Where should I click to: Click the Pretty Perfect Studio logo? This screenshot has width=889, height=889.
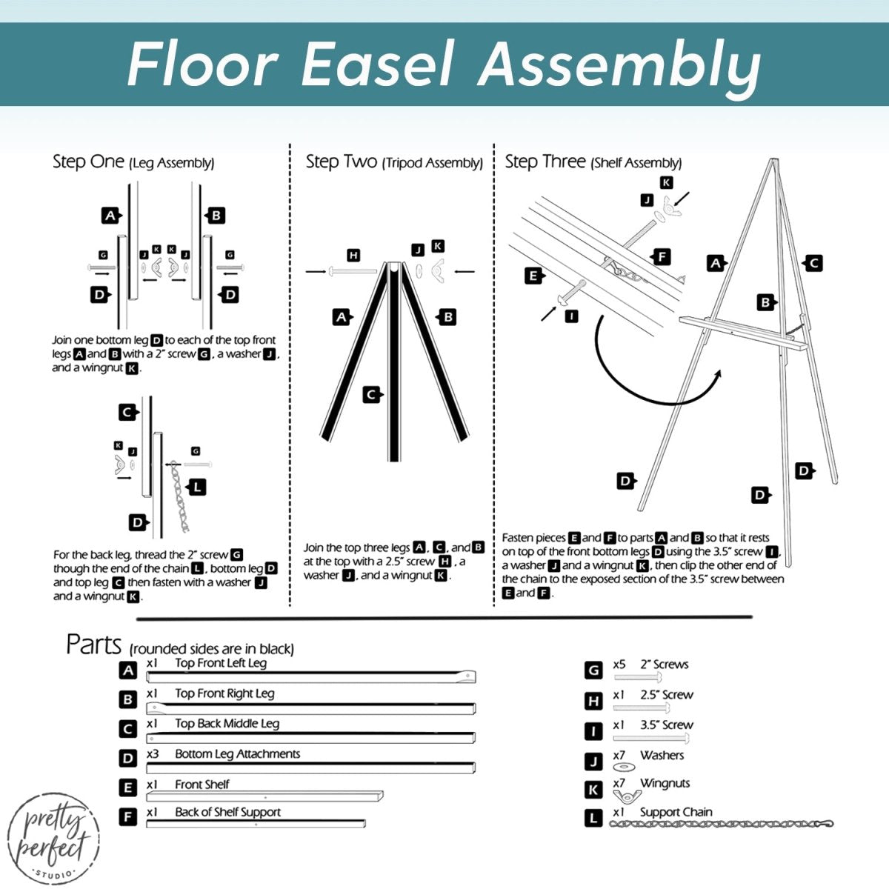[53, 838]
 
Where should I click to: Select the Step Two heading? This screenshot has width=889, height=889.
[342, 162]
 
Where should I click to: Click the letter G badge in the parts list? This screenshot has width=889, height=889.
[593, 670]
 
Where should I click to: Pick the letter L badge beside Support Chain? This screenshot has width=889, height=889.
[593, 818]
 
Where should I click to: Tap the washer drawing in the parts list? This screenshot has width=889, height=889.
[625, 768]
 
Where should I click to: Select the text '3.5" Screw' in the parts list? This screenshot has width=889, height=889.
[667, 725]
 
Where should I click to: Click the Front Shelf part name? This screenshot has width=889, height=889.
[202, 784]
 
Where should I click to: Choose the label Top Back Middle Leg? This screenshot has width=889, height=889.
[227, 724]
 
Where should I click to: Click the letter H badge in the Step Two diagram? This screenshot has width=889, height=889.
[353, 256]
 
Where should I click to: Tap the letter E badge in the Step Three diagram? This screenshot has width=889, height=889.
[533, 276]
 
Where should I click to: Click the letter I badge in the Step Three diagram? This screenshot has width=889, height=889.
[571, 316]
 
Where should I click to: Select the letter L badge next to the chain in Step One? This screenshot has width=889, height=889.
[198, 487]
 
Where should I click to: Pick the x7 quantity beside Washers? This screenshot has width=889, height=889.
[619, 755]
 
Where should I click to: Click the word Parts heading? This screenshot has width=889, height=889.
[93, 645]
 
